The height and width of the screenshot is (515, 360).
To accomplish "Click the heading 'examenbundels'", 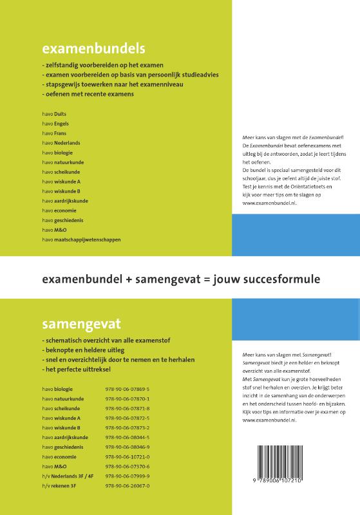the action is (93, 48).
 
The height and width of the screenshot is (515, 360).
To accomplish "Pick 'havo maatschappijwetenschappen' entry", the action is (81, 239).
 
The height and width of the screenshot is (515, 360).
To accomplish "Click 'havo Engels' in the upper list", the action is (55, 123).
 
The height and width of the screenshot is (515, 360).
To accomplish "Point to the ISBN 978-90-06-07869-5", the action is (127, 389).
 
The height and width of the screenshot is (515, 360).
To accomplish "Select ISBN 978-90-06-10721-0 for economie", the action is (127, 456).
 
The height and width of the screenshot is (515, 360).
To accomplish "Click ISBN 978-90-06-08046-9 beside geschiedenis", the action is (127, 447).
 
